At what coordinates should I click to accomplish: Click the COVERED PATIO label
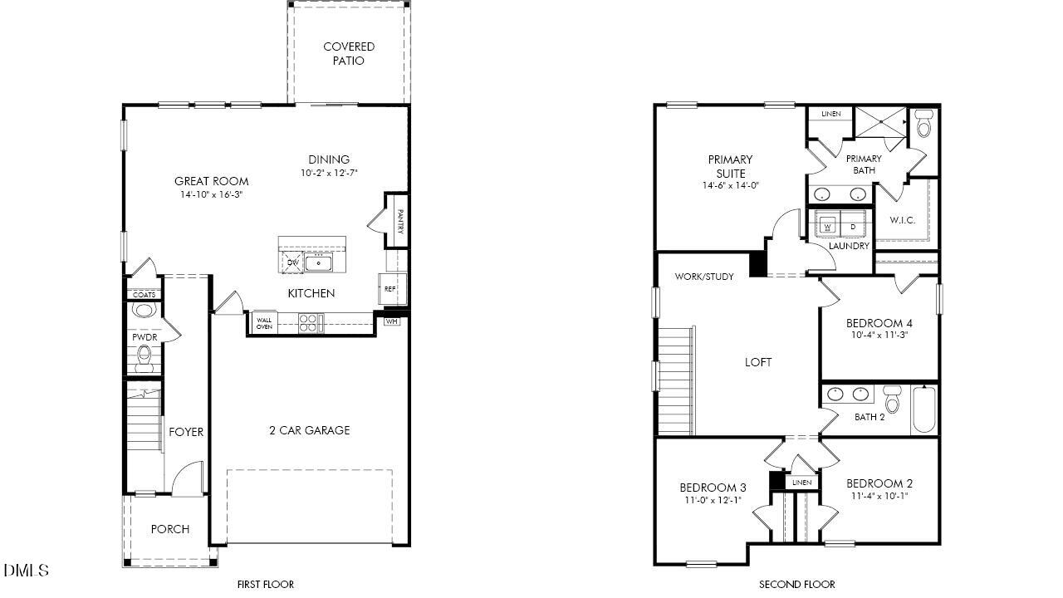point(349,54)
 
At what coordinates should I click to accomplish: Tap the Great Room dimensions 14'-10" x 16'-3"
point(211,195)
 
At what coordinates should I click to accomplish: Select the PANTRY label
point(399,221)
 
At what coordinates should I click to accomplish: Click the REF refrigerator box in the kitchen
point(389,289)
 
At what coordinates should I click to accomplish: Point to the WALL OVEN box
point(264,323)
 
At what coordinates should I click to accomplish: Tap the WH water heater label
point(391,321)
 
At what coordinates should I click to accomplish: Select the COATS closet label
point(145,295)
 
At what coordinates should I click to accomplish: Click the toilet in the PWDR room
point(145,359)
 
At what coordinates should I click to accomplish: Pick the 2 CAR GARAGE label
point(309,430)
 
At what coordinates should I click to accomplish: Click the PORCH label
point(169,529)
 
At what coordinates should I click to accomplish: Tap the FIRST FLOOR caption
point(266,585)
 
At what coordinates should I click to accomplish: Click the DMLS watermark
point(26,571)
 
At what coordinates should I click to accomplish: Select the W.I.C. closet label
point(903,220)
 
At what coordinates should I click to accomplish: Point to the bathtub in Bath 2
point(924,409)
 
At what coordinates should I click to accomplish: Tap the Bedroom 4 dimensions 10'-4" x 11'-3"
point(879,336)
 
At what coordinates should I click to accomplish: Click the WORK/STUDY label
point(704,277)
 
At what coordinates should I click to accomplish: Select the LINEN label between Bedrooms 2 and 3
point(801,483)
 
